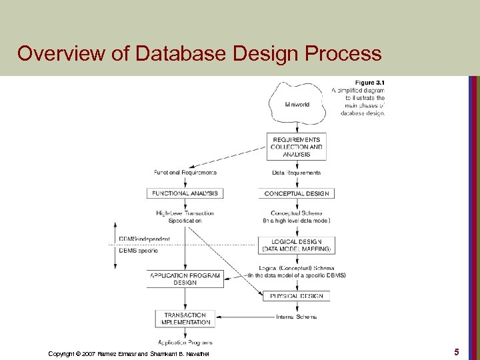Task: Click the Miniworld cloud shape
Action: (x=297, y=105)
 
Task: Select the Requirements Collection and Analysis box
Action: (x=297, y=147)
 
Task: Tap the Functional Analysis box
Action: (x=185, y=193)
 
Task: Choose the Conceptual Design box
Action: (x=297, y=193)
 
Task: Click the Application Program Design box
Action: (x=185, y=279)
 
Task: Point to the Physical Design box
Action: (x=297, y=295)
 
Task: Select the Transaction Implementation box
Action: (x=185, y=319)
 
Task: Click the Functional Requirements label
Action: (x=185, y=173)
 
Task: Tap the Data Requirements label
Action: (x=297, y=173)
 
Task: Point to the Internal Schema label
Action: (x=297, y=317)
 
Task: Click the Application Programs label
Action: (x=185, y=341)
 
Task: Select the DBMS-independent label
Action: (x=144, y=239)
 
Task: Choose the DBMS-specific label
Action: (x=138, y=251)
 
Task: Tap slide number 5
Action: (x=456, y=351)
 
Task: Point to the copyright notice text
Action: (x=128, y=353)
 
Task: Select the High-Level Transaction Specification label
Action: (x=185, y=217)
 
